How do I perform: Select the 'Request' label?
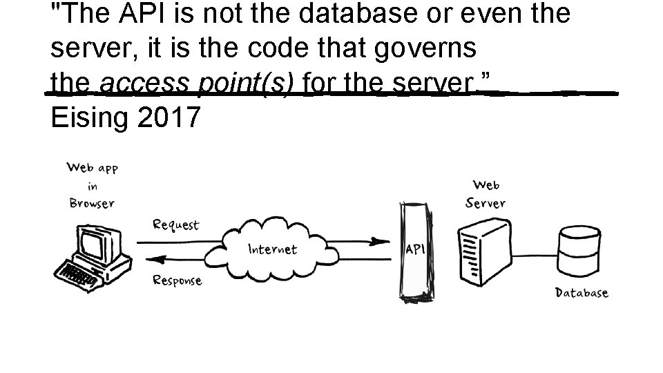(x=175, y=224)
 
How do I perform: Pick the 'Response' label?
(x=177, y=280)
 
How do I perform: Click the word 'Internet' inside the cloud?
(x=272, y=249)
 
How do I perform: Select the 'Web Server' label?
(x=486, y=194)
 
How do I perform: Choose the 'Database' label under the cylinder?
(x=582, y=292)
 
